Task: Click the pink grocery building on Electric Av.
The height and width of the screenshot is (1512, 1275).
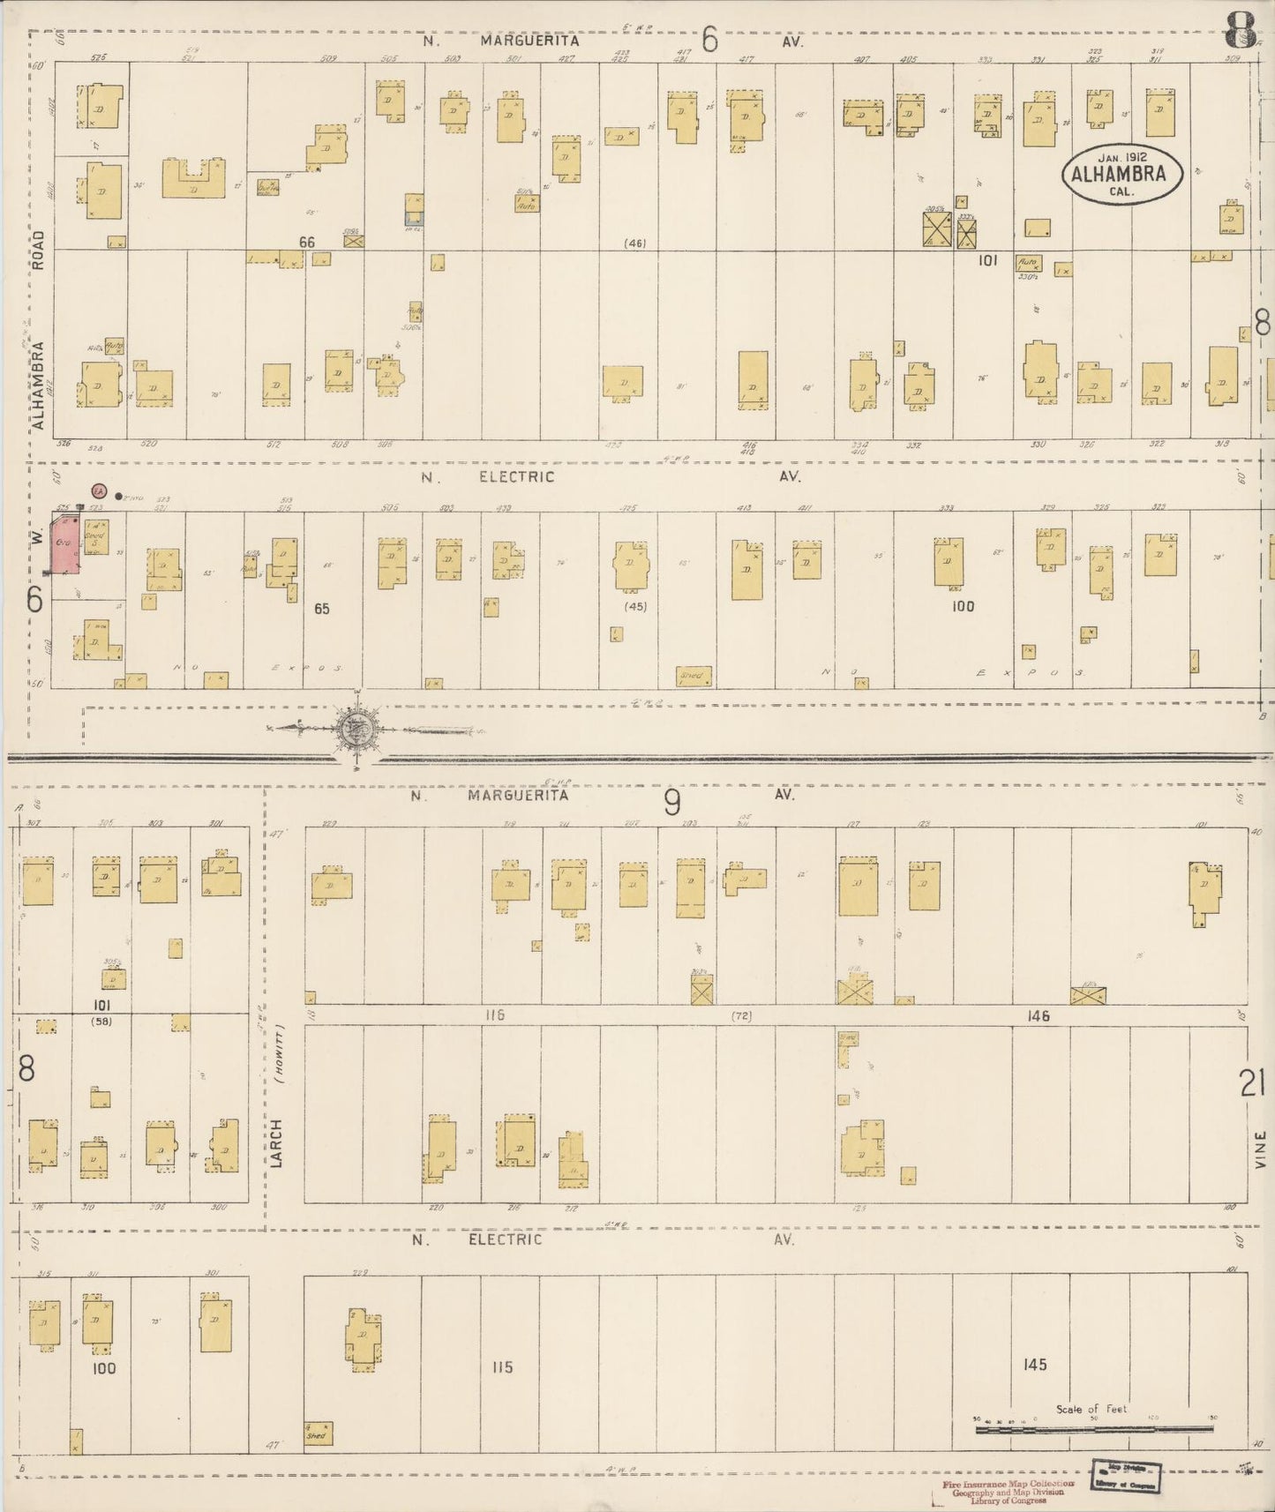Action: click(x=62, y=545)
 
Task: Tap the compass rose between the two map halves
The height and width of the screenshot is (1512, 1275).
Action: click(x=356, y=730)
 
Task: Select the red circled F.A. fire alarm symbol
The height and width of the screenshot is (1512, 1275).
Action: click(x=99, y=490)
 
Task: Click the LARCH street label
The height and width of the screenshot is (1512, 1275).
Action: click(x=276, y=1143)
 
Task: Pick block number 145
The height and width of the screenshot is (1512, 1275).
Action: click(x=1034, y=1365)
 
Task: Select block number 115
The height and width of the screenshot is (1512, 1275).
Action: click(x=502, y=1366)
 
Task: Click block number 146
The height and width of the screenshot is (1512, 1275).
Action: click(x=1039, y=1016)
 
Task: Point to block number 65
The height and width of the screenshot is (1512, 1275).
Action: click(x=322, y=609)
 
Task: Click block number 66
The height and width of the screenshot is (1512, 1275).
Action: click(x=306, y=242)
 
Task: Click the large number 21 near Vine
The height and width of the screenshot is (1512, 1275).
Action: click(x=1251, y=1083)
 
